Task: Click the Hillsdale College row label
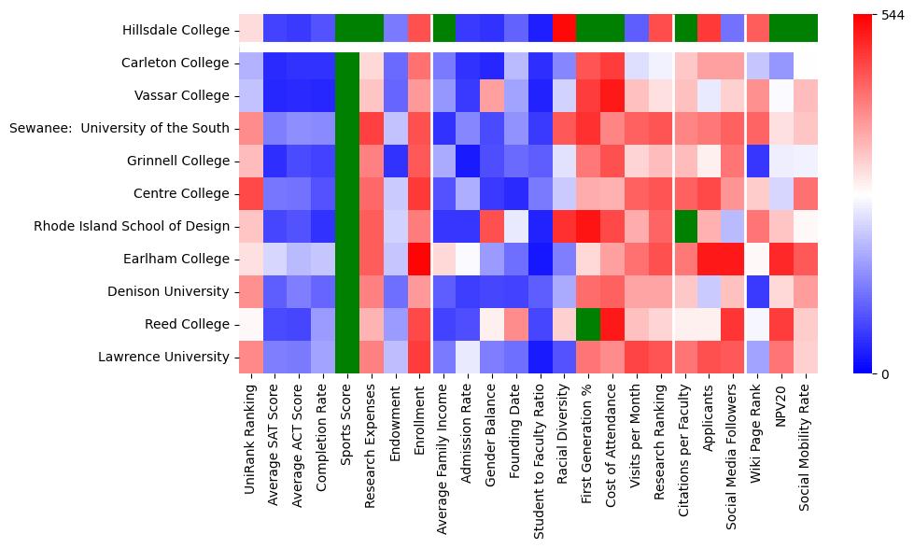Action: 176,31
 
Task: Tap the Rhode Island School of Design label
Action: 131,227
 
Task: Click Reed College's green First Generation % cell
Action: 589,325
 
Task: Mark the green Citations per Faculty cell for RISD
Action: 685,227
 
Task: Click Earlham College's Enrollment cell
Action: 419,260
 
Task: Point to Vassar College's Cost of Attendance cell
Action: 612,95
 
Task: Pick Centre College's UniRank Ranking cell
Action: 250,193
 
